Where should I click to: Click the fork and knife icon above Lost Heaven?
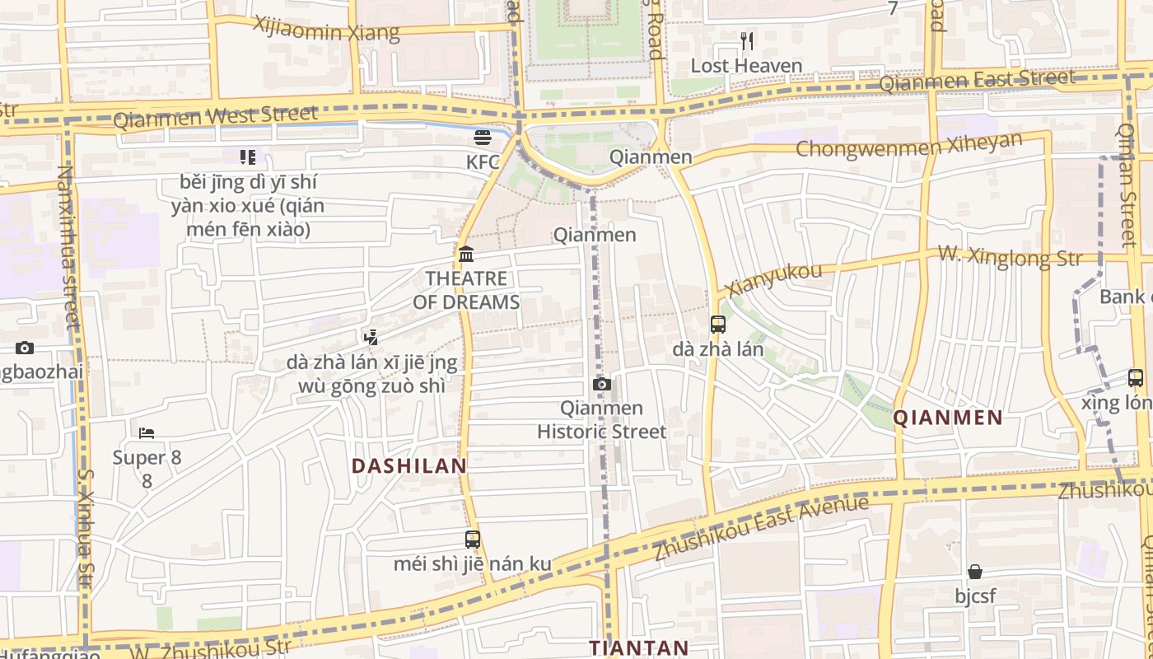tap(747, 40)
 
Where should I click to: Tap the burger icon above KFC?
tap(483, 137)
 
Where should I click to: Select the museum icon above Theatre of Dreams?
tap(466, 253)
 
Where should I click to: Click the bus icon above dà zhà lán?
tap(718, 324)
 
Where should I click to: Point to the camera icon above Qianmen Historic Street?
tap(602, 384)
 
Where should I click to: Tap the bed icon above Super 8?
tap(147, 432)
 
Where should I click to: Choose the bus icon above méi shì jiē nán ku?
tap(473, 540)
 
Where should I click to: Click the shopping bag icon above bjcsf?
tap(975, 571)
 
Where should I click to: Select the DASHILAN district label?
tap(409, 465)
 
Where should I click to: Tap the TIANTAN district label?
tap(638, 647)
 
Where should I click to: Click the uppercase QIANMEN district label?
tap(948, 418)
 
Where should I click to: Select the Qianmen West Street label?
tap(215, 116)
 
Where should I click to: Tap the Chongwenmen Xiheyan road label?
tap(909, 146)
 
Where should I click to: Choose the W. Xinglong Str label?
tap(1010, 256)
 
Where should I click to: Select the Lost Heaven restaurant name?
tap(746, 66)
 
